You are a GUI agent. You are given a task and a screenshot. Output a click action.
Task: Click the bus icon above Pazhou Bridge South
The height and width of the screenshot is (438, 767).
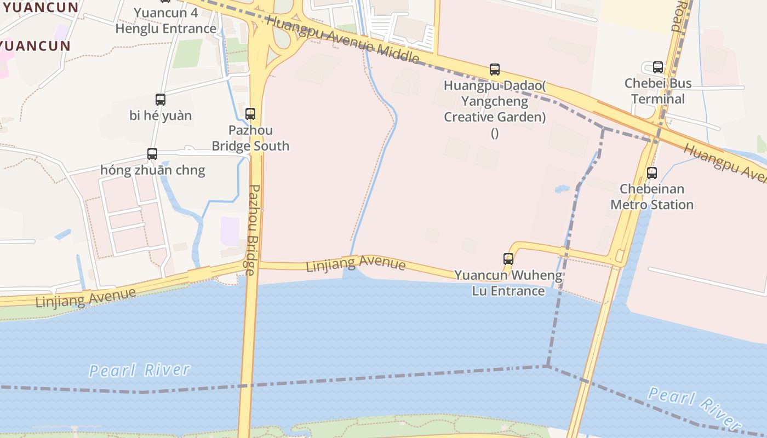click(x=250, y=114)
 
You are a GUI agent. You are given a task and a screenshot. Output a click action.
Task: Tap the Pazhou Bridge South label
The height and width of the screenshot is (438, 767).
click(x=250, y=139)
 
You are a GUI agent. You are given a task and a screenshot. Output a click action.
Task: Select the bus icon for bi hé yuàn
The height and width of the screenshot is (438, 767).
click(x=160, y=100)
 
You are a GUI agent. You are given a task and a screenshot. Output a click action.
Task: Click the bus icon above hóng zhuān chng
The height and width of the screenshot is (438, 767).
click(x=152, y=154)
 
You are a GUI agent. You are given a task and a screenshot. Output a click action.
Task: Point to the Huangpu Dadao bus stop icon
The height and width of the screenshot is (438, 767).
click(x=495, y=70)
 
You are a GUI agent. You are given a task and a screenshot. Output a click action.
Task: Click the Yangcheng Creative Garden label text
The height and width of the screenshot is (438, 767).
click(x=495, y=109)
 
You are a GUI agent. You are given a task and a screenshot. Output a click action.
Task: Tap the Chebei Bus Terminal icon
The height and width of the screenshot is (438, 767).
click(x=658, y=67)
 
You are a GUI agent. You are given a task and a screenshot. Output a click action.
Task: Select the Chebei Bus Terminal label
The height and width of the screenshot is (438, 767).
click(x=658, y=91)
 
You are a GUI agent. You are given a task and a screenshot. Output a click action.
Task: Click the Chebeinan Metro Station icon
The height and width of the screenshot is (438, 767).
click(x=652, y=173)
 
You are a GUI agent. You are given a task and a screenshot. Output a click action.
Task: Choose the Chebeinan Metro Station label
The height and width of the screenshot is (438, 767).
click(x=652, y=197)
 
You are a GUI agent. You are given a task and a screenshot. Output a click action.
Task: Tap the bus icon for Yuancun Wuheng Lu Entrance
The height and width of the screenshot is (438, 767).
click(x=508, y=259)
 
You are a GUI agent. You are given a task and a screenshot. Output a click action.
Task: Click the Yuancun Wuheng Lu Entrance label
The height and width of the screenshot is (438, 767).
click(x=508, y=283)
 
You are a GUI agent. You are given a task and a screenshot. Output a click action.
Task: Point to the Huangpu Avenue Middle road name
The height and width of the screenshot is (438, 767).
click(x=343, y=38)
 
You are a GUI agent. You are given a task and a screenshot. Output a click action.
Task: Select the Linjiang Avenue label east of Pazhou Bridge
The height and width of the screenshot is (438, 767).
click(x=356, y=264)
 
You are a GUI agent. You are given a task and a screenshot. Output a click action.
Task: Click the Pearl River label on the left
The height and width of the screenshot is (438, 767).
click(x=139, y=371)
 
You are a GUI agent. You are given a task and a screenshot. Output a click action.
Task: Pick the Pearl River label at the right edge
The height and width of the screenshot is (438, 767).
click(x=694, y=407)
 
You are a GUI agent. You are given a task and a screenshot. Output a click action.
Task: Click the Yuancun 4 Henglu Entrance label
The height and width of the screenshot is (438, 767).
click(x=166, y=21)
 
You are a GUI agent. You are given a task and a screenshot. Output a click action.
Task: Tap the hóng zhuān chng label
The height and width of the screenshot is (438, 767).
click(x=152, y=170)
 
